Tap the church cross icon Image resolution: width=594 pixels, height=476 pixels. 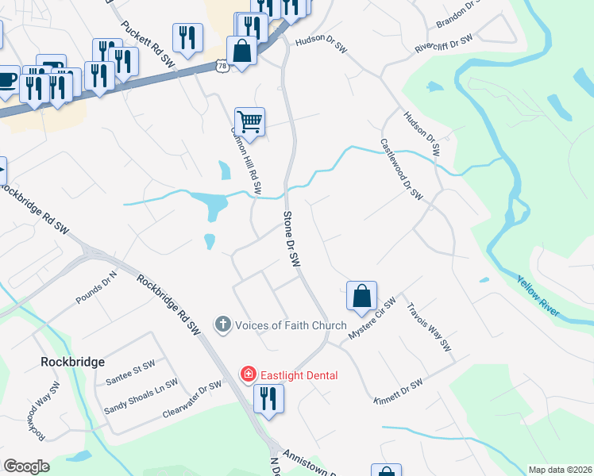tap(223, 324)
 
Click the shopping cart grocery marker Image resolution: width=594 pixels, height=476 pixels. tap(249, 122)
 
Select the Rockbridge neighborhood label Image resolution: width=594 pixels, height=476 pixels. tap(72, 362)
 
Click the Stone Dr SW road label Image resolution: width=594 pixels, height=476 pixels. tap(292, 239)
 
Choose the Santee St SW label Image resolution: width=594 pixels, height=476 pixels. tap(130, 374)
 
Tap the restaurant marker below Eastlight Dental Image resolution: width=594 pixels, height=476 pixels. tap(268, 398)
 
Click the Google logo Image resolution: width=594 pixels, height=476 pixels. tap(26, 466)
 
